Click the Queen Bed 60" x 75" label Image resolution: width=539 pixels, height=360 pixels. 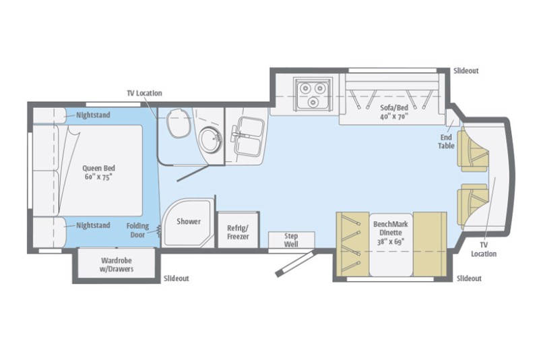point(96,172)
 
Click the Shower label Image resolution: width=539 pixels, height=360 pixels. point(189,221)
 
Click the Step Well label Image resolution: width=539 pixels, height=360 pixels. point(292,240)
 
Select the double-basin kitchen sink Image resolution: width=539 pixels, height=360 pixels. point(246,131)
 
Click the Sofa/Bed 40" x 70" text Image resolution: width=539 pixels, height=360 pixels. point(395,111)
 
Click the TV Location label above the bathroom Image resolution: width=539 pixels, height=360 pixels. point(144,93)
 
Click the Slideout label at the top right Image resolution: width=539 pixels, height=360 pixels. point(466,70)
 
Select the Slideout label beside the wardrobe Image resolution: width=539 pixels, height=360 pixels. point(176,278)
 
